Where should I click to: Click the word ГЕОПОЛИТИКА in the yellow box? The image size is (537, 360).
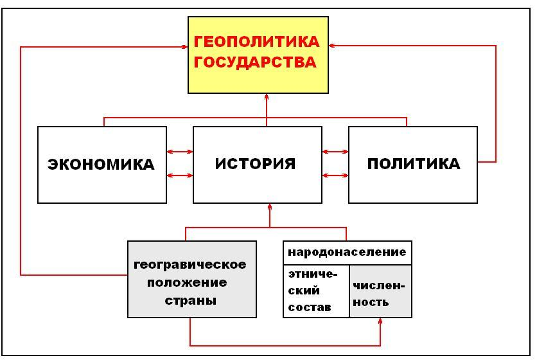pos(256,42)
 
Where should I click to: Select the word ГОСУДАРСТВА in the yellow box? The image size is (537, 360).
pos(255,62)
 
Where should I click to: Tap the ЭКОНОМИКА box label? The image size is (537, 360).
pos(101,165)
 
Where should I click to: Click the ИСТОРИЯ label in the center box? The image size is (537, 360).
pos(256,163)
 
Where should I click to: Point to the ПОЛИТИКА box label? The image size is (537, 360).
pos(414,164)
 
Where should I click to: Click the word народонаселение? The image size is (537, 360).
pos(347,252)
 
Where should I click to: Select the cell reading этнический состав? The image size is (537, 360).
pos(315,291)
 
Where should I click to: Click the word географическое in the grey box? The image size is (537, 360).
pos(190,264)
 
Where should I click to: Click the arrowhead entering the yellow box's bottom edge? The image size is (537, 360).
pos(266,97)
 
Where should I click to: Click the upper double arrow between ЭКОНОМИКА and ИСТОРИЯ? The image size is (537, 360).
pos(180,152)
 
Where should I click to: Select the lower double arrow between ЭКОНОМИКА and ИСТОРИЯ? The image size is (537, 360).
pos(180,175)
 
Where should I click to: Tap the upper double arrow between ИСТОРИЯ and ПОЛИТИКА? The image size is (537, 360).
pos(335,152)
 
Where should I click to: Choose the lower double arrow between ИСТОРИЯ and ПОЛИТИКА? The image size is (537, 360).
pos(335,175)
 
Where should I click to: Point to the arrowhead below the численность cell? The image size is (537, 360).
pos(380,322)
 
